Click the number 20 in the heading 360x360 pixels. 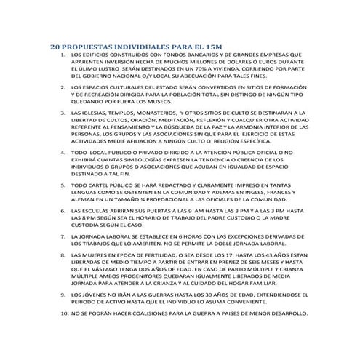point(55,46)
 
